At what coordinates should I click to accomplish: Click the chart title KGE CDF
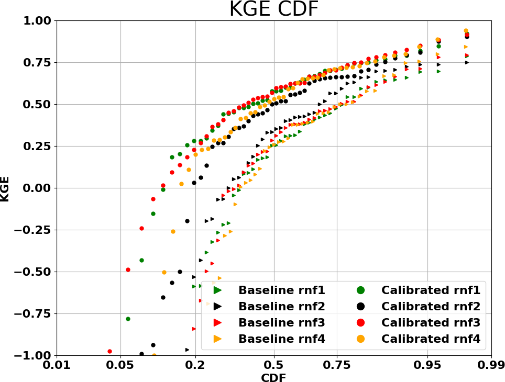[x=273, y=9]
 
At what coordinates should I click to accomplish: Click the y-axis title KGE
[x=5, y=188]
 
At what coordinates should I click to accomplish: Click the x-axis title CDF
[x=273, y=377]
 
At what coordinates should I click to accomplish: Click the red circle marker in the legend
[x=360, y=322]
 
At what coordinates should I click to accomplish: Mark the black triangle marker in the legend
[x=217, y=306]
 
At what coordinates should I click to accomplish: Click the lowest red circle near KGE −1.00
[x=109, y=351]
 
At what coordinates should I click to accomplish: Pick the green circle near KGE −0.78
[x=128, y=319]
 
